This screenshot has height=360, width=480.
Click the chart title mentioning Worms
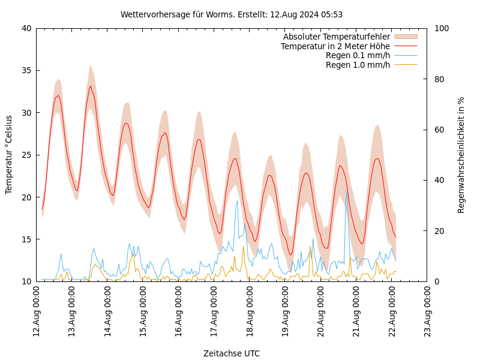pyautogui.click(x=232, y=14)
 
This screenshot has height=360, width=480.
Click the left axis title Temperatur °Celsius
pyautogui.click(x=9, y=155)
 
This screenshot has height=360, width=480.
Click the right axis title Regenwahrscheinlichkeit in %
pyautogui.click(x=461, y=155)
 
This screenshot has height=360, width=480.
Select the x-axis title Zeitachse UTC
pyautogui.click(x=232, y=353)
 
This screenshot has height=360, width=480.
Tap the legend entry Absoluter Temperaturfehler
pyautogui.click(x=337, y=37)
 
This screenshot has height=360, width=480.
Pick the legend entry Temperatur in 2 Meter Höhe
pyautogui.click(x=335, y=46)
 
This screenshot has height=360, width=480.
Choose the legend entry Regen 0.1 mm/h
pyautogui.click(x=358, y=55)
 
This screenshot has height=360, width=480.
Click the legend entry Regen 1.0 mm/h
pyautogui.click(x=358, y=65)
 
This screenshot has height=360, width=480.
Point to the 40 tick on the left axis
pyautogui.click(x=26, y=28)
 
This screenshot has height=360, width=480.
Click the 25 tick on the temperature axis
pyautogui.click(x=26, y=155)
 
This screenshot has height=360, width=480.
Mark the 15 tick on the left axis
pyautogui.click(x=26, y=239)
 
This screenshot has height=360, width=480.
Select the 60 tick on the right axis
pyautogui.click(x=439, y=130)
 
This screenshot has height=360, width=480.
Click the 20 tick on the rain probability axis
pyautogui.click(x=439, y=231)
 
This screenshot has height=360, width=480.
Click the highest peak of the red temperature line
pyautogui.click(x=91, y=86)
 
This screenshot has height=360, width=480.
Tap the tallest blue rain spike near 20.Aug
pyautogui.click(x=347, y=191)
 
